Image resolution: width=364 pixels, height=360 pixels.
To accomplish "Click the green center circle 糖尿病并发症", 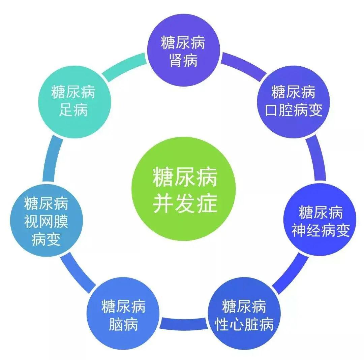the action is click(184, 189).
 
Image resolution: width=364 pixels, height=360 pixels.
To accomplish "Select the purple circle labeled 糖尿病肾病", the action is click(184, 50).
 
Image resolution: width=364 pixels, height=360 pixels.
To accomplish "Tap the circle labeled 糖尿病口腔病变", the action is click(293, 102).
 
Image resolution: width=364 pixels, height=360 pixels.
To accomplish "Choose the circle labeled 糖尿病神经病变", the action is click(320, 220).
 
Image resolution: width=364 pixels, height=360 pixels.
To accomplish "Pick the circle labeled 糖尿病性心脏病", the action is click(244, 314).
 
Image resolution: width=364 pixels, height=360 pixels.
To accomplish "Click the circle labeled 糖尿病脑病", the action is click(123, 314).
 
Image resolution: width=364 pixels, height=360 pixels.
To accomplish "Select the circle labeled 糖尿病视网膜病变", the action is click(47, 220).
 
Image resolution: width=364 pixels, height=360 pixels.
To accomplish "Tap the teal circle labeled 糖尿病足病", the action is click(74, 102).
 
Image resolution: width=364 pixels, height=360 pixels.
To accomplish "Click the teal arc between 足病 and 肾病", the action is click(124, 66).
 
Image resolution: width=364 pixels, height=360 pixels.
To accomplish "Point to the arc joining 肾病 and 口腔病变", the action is click(244, 66).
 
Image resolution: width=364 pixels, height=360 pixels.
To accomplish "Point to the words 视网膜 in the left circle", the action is click(46, 221).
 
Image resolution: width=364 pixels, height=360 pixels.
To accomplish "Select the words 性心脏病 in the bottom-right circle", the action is click(244, 324).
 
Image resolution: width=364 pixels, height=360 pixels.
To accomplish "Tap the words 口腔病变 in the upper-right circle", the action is click(294, 110).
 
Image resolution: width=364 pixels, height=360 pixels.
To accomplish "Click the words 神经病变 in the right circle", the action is click(321, 230).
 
